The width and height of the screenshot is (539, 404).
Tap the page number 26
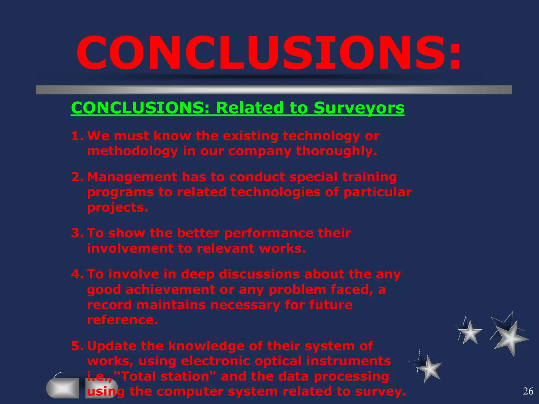pos(528,391)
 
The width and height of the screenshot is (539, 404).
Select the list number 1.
pos(77,136)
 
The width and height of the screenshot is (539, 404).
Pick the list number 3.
pos(77,233)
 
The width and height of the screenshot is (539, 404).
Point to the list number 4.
pos(77,274)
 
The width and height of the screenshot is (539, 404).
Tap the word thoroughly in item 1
pos(337,151)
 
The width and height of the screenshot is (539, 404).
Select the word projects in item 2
pos(117,207)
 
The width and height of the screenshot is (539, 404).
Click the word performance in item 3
pos(268,233)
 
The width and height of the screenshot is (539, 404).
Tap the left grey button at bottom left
pos(63,388)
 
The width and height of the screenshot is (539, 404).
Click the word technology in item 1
pos(321,136)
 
